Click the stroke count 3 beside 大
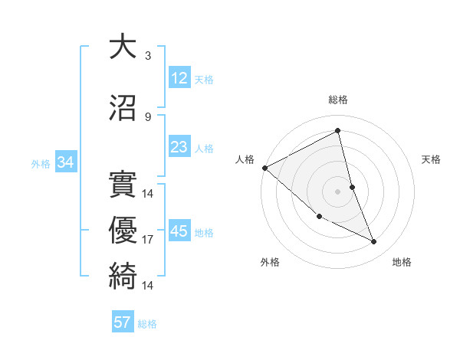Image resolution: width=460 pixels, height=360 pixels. click(x=148, y=56)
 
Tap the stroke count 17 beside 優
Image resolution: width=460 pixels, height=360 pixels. click(x=148, y=240)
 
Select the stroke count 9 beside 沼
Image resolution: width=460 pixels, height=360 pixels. click(x=148, y=117)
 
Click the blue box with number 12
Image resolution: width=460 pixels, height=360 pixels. click(x=179, y=78)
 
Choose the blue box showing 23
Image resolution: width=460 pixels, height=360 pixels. click(x=179, y=147)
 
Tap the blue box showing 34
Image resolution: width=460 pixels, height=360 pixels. click(x=65, y=162)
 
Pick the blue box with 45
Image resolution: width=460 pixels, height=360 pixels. click(x=179, y=231)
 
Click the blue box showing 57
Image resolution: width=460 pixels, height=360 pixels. click(x=123, y=322)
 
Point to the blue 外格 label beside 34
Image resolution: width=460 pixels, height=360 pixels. click(x=41, y=163)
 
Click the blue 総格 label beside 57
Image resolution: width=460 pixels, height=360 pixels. click(x=147, y=324)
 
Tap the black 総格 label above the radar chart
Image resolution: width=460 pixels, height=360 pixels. click(x=338, y=100)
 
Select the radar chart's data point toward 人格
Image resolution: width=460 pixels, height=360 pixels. click(x=264, y=168)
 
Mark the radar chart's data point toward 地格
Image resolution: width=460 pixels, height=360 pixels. click(x=374, y=242)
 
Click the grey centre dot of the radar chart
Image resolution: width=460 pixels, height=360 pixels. click(x=338, y=191)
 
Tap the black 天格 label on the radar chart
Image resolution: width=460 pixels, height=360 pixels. click(x=432, y=159)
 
